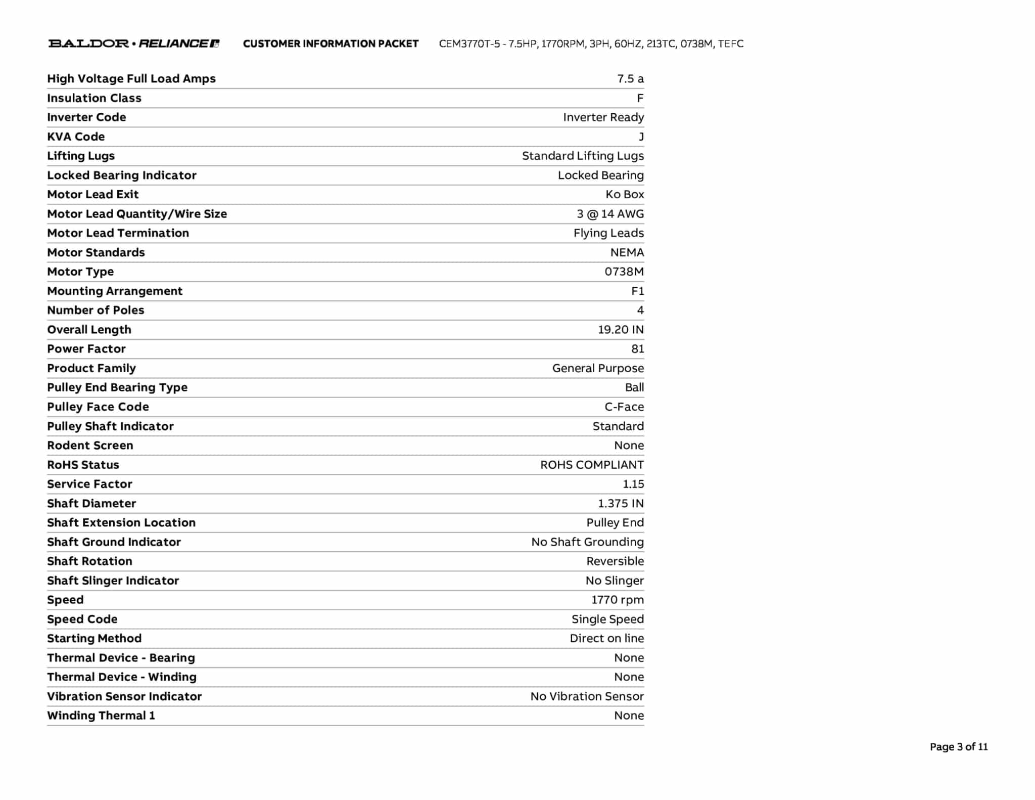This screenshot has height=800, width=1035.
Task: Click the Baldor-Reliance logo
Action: (134, 43)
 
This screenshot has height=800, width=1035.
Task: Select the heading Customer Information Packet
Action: (331, 44)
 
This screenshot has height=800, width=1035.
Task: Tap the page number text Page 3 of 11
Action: (958, 747)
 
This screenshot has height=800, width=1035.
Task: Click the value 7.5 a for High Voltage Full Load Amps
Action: (630, 79)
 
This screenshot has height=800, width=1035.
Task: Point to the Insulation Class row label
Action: (94, 98)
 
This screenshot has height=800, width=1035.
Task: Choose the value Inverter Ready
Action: (603, 117)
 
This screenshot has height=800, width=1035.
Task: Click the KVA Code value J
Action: (641, 137)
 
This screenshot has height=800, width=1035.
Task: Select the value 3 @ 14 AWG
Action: (610, 214)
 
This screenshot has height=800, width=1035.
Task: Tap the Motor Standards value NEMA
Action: (627, 252)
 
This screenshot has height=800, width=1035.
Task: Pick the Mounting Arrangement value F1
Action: (637, 291)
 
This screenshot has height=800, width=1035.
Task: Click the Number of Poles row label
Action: (96, 310)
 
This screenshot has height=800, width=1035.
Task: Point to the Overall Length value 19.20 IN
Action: (621, 330)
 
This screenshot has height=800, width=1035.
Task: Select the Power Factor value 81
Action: (637, 349)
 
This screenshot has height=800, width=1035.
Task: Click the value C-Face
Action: (624, 407)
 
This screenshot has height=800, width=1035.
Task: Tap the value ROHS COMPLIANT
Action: (592, 465)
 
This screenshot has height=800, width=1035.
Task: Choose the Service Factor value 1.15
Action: (633, 484)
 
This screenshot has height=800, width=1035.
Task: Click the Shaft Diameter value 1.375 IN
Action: (621, 504)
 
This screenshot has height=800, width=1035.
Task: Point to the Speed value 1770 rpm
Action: (618, 600)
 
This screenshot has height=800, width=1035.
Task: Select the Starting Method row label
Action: (94, 638)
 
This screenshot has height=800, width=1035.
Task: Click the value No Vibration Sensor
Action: (587, 696)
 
